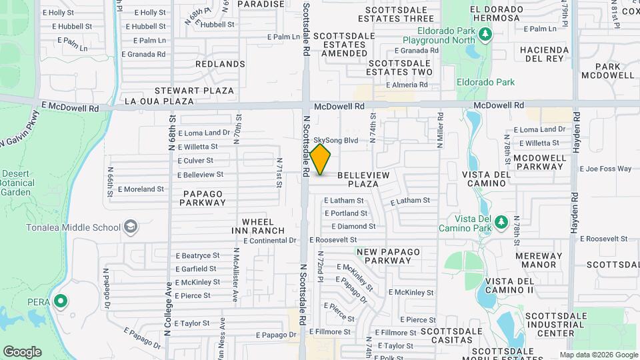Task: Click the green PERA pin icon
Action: click(x=61, y=302)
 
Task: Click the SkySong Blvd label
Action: click(x=336, y=141)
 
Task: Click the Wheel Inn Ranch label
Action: click(x=263, y=226)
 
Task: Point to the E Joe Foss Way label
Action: click(x=605, y=169)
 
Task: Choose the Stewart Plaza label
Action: click(x=194, y=90)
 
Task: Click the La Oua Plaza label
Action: click(x=159, y=102)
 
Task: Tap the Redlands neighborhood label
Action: click(x=220, y=64)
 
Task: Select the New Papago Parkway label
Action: click(x=388, y=256)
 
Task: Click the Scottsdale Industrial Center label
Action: click(x=556, y=324)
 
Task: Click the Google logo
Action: click(x=22, y=352)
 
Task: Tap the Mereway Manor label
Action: click(x=530, y=260)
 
